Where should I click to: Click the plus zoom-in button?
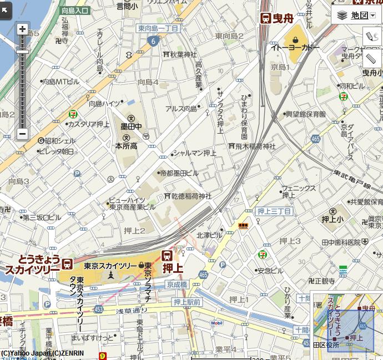tap(22, 29)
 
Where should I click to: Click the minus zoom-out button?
tap(22, 134)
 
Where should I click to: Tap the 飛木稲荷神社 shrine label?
tap(252, 146)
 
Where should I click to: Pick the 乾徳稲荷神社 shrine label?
tap(188, 196)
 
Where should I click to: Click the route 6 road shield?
tap(153, 40)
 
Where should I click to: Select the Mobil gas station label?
tap(216, 323)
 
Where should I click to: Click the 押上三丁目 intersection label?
tap(274, 211)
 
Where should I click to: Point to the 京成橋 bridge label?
tap(177, 284)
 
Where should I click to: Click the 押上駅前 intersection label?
tap(187, 302)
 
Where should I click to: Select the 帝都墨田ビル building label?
tap(179, 173)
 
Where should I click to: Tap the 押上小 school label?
tap(333, 219)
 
